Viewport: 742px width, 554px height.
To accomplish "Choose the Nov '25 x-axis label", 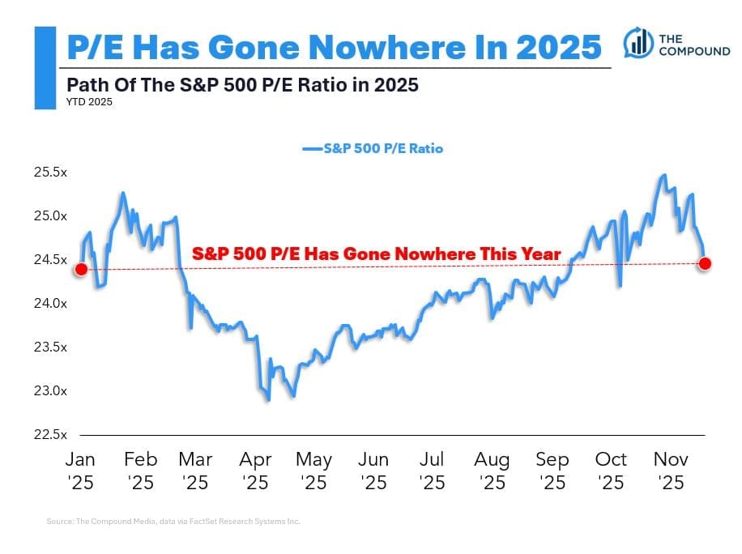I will pos(671,471).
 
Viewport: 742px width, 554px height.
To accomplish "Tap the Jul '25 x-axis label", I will pos(433,471).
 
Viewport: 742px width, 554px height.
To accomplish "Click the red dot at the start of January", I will pos(80,269).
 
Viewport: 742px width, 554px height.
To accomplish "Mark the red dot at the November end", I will pos(705,263).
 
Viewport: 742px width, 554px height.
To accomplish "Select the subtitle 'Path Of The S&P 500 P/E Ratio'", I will pos(242,84).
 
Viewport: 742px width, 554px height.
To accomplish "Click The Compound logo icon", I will pos(638,42).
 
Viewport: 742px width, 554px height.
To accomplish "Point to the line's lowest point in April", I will pos(267,400).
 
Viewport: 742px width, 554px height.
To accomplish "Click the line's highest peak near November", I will pos(664,175).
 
